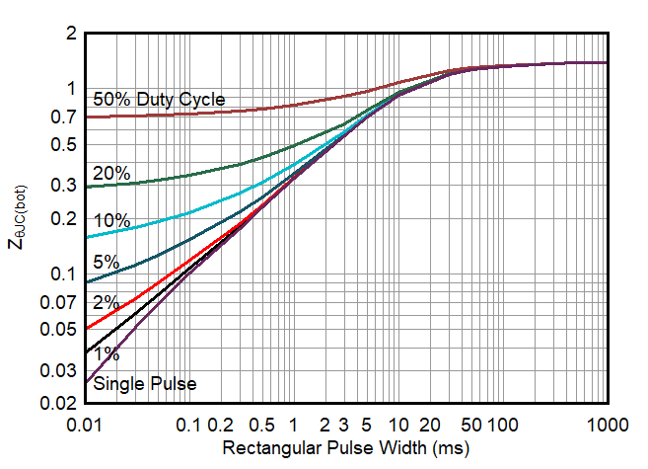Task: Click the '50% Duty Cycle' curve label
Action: pos(159,100)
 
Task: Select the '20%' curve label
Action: pos(111,174)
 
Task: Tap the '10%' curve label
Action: pos(111,221)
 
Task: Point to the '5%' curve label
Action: pos(107,263)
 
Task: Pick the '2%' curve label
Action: pos(107,303)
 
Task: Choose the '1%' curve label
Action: pos(107,353)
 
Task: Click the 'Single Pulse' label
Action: pos(144,383)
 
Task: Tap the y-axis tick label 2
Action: pos(70,34)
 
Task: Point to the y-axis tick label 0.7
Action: pos(64,117)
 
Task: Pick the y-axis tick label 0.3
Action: pos(64,185)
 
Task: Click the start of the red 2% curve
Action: pos(87,328)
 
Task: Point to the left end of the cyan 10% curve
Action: pos(87,238)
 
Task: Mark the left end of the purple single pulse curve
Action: pos(87,382)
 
